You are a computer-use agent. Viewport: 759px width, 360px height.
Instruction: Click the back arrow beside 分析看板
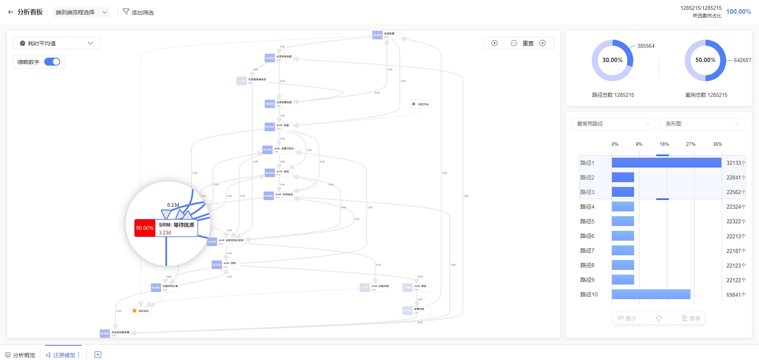(x=11, y=12)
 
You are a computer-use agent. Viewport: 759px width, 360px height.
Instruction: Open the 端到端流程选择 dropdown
(x=81, y=12)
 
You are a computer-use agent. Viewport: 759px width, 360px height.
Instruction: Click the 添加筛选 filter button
(x=138, y=12)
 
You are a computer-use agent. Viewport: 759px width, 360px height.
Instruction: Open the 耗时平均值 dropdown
(x=57, y=43)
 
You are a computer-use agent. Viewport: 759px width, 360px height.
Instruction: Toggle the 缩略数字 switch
(x=52, y=62)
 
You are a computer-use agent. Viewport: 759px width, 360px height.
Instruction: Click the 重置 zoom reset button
(x=528, y=43)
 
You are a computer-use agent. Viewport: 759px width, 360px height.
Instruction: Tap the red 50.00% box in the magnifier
(x=145, y=228)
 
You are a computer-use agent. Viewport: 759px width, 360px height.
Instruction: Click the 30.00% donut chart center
(x=612, y=60)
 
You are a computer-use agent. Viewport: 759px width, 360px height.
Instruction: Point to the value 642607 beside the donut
(x=742, y=60)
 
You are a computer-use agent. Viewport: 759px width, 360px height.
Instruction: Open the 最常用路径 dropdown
(x=613, y=124)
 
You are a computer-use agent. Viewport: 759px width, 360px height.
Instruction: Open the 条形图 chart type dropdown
(x=702, y=124)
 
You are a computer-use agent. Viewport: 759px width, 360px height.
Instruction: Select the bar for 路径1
(x=666, y=163)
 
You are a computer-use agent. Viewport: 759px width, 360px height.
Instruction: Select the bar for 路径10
(x=651, y=294)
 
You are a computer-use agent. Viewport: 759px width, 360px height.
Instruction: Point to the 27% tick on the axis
(x=691, y=144)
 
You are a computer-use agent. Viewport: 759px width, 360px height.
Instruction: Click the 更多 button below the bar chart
(x=691, y=318)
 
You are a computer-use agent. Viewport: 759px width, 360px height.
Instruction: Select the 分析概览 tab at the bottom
(x=21, y=355)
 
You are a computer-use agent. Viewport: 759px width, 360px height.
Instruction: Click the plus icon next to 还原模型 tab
(x=98, y=355)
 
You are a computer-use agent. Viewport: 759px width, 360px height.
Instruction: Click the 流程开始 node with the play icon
(x=421, y=104)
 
